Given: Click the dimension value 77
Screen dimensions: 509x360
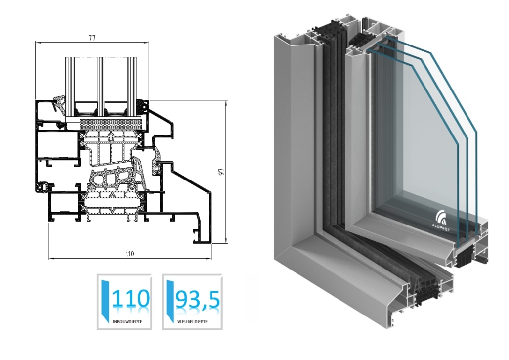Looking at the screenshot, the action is [x=92, y=38].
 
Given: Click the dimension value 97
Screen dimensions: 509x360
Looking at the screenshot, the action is [x=222, y=172].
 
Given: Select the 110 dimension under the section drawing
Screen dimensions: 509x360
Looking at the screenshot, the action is [x=129, y=254].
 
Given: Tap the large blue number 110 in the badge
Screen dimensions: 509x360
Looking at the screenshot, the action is [x=131, y=298].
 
